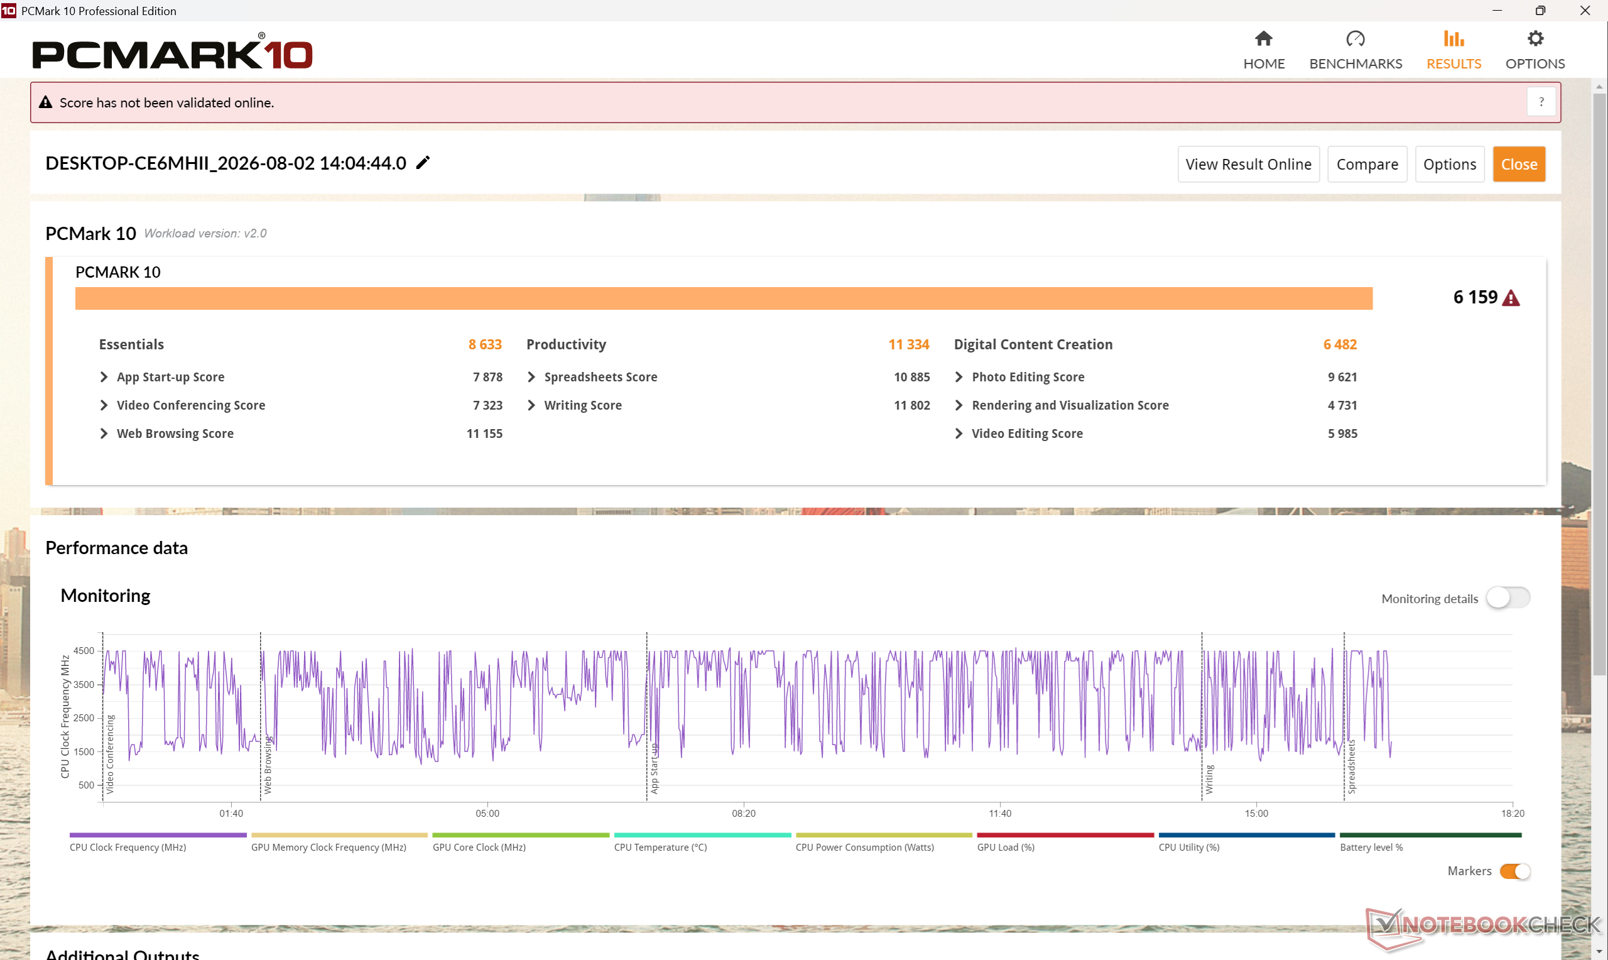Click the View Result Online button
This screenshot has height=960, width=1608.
[1248, 165]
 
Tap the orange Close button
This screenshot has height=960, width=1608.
[1519, 165]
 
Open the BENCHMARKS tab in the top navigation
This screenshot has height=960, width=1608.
[1355, 50]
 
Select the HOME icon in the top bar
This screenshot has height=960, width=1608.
[1263, 39]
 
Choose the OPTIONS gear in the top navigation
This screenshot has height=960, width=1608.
[1535, 39]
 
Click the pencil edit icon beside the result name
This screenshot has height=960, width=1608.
[423, 162]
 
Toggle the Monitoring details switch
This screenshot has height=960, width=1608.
[1507, 597]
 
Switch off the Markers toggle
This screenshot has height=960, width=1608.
[1514, 871]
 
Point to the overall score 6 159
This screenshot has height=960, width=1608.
[1475, 297]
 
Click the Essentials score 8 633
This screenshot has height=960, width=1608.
[485, 344]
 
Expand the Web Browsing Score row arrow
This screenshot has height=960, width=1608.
[104, 434]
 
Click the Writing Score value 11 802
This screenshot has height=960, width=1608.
[911, 405]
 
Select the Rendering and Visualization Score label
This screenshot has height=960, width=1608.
[1070, 405]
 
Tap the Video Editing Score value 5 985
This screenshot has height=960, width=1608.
[1342, 434]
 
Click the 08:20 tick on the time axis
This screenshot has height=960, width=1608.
[744, 813]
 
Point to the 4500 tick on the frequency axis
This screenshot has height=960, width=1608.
[84, 651]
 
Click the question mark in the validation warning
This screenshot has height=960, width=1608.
[1541, 102]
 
